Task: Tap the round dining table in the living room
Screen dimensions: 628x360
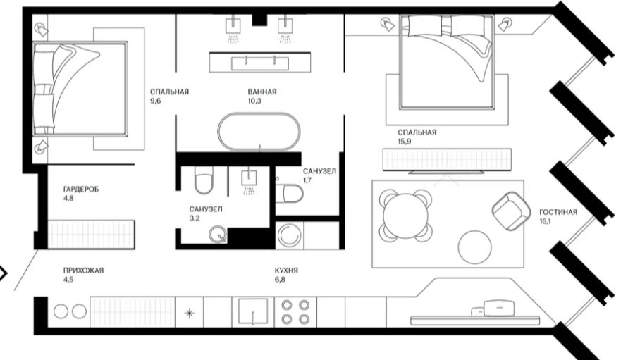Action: click(406, 216)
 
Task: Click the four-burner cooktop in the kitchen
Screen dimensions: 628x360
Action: click(295, 312)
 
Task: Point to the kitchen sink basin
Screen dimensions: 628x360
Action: click(253, 311)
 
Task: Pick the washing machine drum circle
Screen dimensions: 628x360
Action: click(290, 235)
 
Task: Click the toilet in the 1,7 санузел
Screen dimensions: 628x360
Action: click(289, 193)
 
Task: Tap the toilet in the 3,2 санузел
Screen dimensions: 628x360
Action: click(204, 180)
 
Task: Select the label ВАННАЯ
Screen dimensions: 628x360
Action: click(262, 92)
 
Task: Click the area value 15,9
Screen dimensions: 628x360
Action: click(404, 142)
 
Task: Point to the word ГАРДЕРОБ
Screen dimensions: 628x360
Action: click(81, 189)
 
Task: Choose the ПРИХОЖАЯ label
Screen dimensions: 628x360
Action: click(83, 271)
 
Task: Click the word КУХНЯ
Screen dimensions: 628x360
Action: click(286, 271)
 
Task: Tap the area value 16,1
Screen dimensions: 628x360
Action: click(546, 221)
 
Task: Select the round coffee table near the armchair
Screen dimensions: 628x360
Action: click(474, 247)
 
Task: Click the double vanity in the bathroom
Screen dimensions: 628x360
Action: click(260, 62)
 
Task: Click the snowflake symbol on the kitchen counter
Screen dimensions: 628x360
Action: click(190, 312)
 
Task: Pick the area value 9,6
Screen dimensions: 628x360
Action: click(155, 101)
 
